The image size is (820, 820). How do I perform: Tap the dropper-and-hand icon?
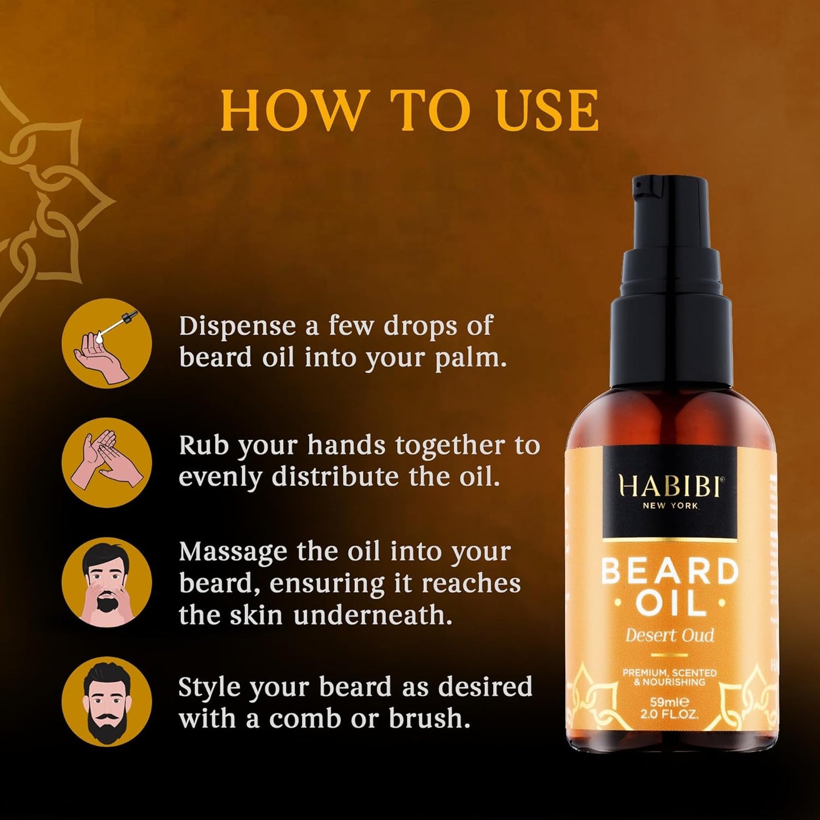[107, 343]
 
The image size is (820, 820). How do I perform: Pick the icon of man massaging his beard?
[107, 582]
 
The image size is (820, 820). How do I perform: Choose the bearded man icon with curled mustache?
[107, 701]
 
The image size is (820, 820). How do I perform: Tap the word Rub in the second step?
[203, 446]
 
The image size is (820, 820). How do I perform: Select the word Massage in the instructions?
[233, 552]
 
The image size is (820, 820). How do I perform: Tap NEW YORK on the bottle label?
[670, 506]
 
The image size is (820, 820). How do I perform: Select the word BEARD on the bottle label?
[670, 571]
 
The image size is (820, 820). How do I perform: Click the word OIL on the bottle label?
[670, 604]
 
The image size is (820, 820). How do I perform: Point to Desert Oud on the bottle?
[670, 635]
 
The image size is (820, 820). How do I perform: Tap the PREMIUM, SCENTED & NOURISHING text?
[670, 677]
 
